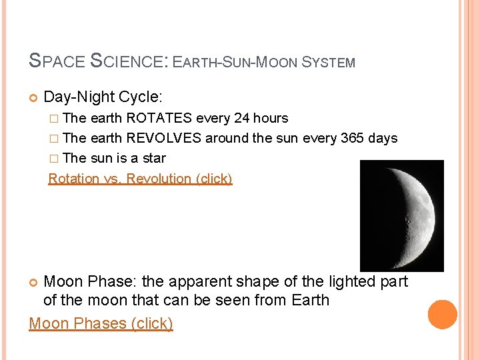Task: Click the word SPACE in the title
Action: tap(57, 62)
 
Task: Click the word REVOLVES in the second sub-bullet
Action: tap(163, 139)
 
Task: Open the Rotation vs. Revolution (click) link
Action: tap(140, 179)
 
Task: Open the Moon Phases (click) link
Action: tap(101, 323)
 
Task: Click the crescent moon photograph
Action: tap(401, 215)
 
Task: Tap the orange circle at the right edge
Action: tap(443, 315)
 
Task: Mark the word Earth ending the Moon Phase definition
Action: tap(311, 301)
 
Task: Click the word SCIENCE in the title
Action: tap(130, 62)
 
